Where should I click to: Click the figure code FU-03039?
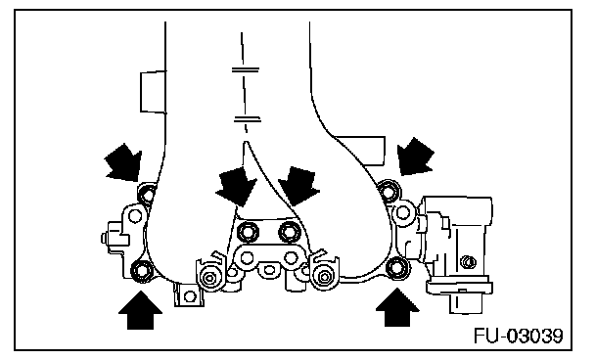[518, 336]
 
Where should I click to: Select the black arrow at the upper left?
[123, 162]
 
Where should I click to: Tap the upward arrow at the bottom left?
[140, 310]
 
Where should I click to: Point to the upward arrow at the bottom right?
[397, 307]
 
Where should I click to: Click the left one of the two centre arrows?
[236, 186]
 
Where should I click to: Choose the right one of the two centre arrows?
[299, 186]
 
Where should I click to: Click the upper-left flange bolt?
[147, 195]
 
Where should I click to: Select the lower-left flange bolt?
[142, 270]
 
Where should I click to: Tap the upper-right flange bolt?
[389, 191]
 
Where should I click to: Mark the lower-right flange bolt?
[396, 267]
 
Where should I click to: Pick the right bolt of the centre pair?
[290, 232]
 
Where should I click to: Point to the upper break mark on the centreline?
[245, 70]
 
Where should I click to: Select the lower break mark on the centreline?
[247, 119]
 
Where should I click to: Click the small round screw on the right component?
[467, 261]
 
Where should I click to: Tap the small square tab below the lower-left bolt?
[189, 294]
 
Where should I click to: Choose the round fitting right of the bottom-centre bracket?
[324, 276]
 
